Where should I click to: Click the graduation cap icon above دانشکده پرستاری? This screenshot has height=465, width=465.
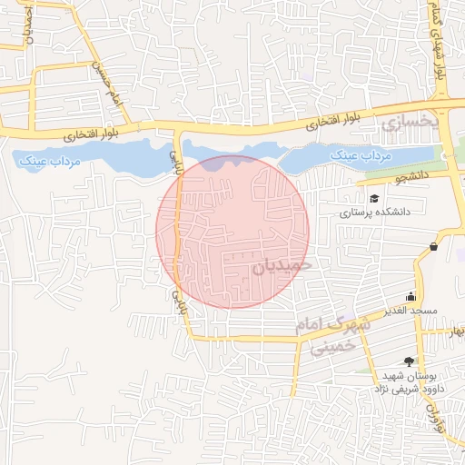coord(373,198)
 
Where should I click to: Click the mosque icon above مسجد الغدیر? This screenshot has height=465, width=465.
coord(411,296)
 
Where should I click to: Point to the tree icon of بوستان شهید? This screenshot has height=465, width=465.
coord(409,361)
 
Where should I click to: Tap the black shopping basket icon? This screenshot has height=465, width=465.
coord(433,246)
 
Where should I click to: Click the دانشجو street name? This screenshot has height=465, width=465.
coord(411,179)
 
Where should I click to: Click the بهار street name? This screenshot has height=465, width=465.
coord(454,331)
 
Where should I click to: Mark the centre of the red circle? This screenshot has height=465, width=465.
coord(232,232)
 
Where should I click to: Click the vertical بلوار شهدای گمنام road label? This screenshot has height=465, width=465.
coord(439,41)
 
